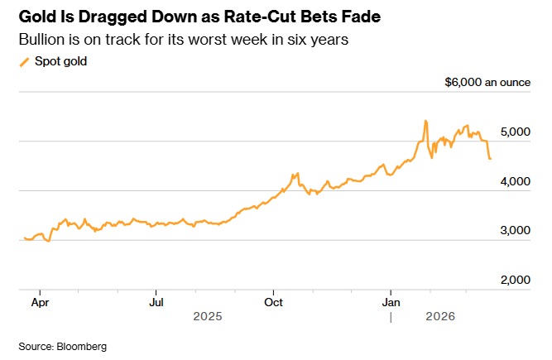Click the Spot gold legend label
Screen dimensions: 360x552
[x=60, y=61]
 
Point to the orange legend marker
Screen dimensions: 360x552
[x=23, y=61]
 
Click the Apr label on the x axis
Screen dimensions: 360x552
[x=39, y=302]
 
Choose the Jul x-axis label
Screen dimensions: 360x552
[x=156, y=302]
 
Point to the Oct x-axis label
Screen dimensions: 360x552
[x=273, y=302]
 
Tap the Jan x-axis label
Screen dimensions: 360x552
[x=391, y=302]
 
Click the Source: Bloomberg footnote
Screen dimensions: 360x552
[x=63, y=345]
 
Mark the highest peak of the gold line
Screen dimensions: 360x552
[x=425, y=121]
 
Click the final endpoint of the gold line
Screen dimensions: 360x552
[x=491, y=158]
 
